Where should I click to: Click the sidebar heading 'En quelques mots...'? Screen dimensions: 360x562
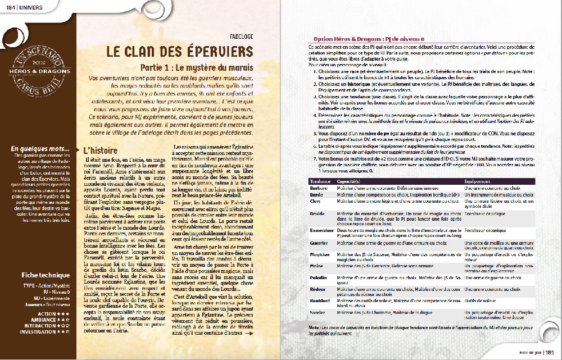(x=40, y=149)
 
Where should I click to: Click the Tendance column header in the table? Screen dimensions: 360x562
(x=321, y=181)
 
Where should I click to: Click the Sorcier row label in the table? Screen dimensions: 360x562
(x=318, y=312)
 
